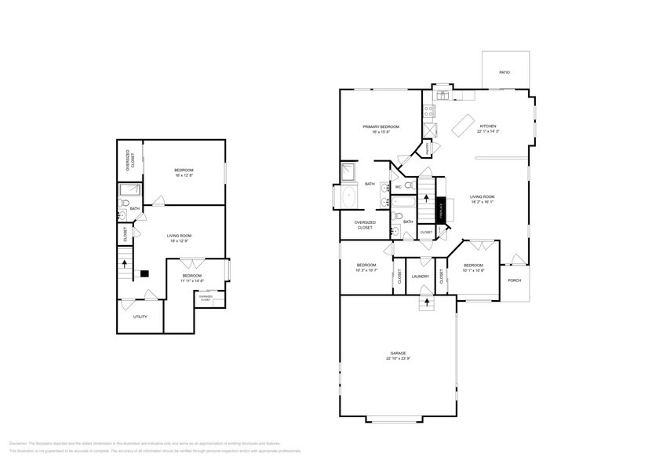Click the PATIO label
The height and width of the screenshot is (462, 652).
[x=504, y=72]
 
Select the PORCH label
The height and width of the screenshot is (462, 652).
[x=515, y=280]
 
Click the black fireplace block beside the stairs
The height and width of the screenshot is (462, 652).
[x=441, y=210]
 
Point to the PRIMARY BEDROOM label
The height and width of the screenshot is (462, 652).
[x=381, y=126]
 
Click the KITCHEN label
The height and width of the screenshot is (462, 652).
[x=488, y=126]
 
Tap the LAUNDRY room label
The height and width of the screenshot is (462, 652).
[x=420, y=276]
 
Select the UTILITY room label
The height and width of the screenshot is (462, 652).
[x=140, y=317]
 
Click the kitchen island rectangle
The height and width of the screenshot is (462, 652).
[x=463, y=124]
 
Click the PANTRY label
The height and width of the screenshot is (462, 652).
[x=428, y=147]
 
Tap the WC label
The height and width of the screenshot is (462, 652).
[x=399, y=187]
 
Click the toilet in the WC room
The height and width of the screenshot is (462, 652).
[x=410, y=186]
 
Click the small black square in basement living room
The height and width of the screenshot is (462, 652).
[x=144, y=273]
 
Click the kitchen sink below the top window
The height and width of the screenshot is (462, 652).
[x=442, y=96]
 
